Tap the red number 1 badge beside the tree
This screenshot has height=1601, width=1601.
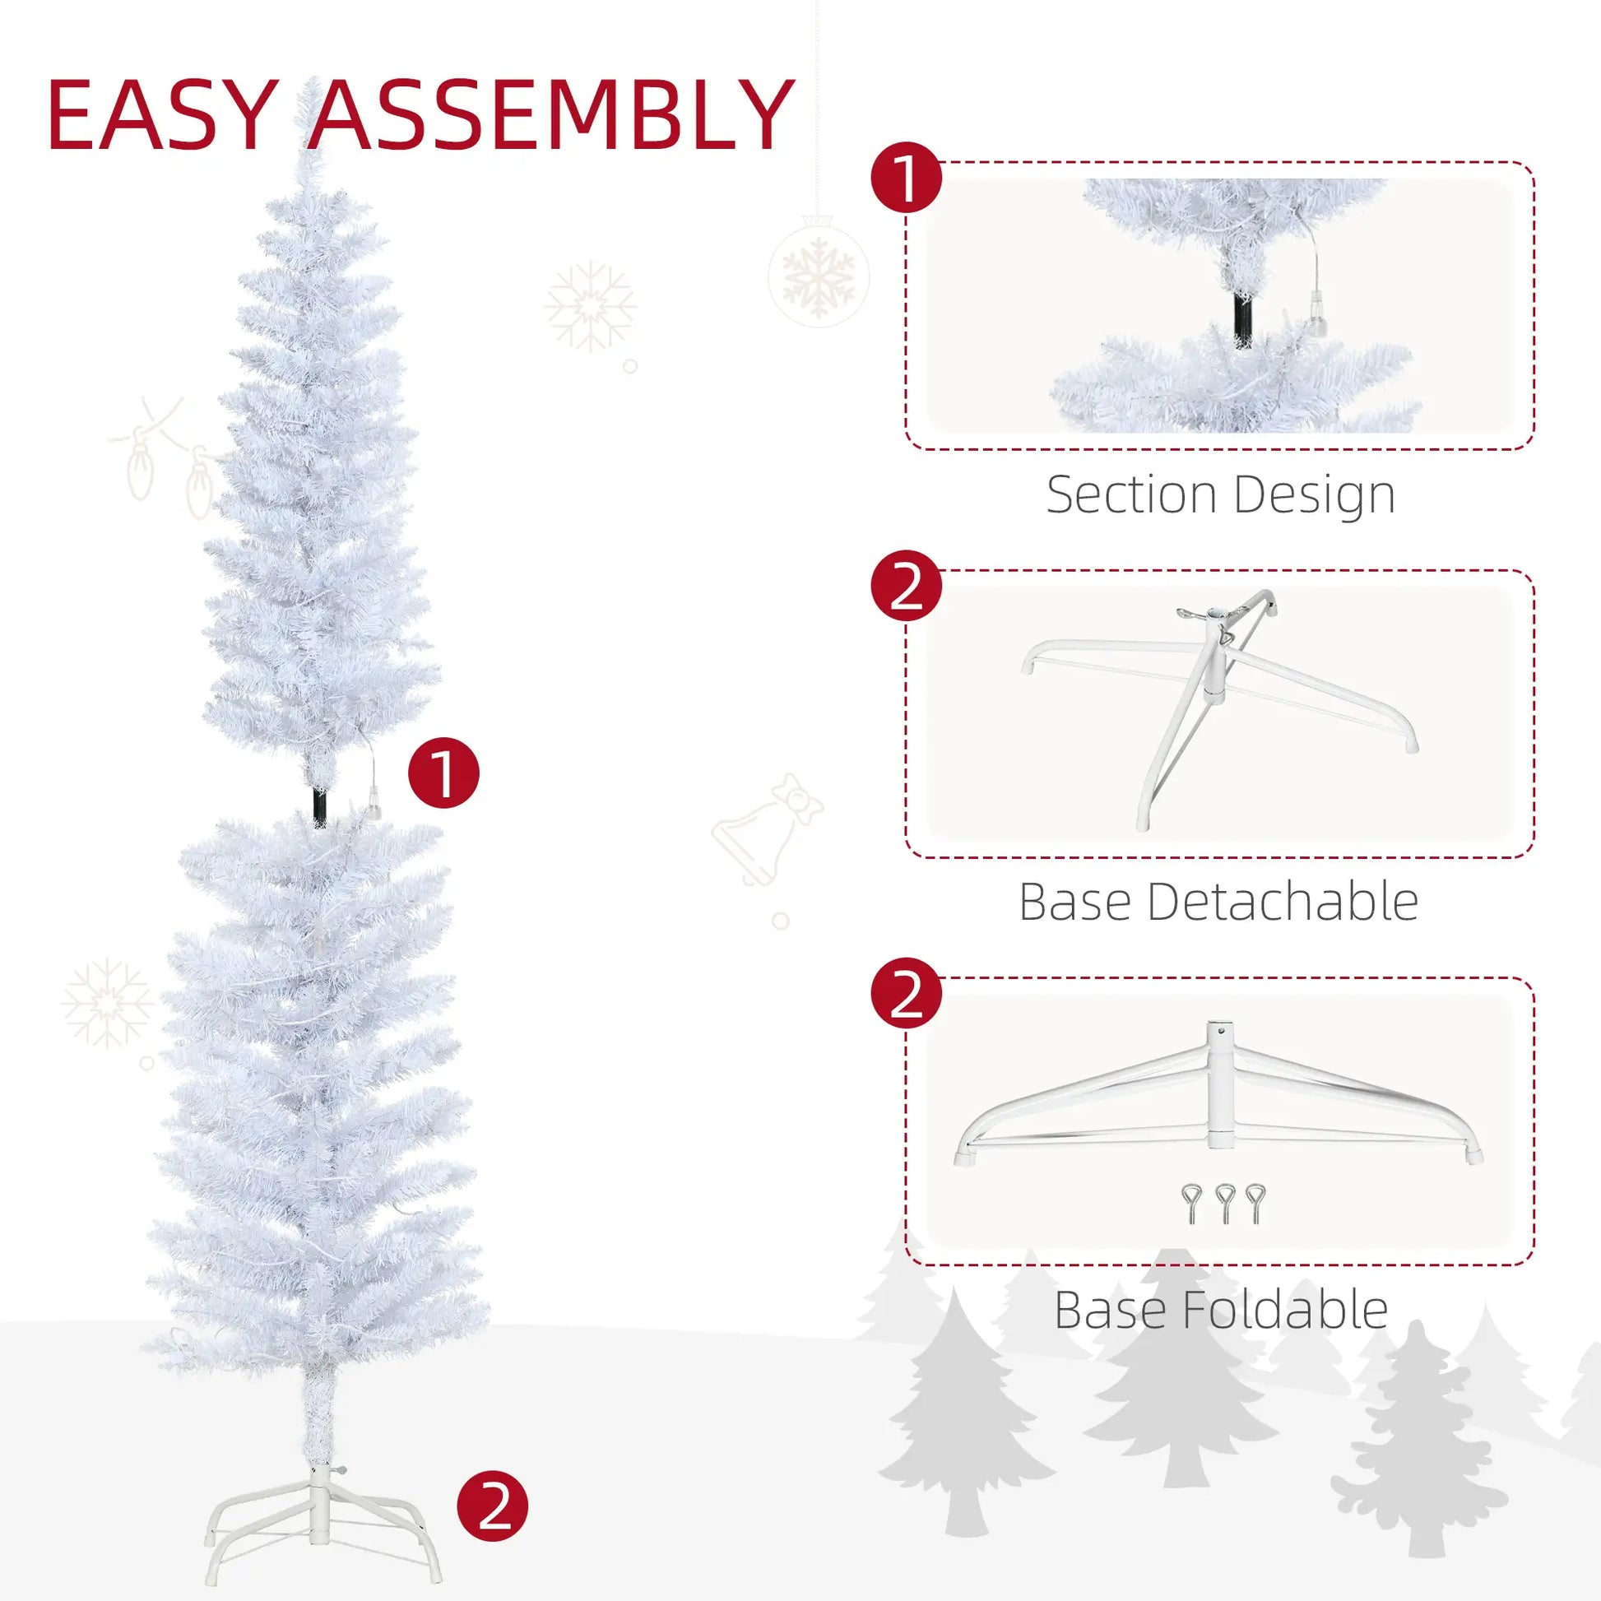[443, 773]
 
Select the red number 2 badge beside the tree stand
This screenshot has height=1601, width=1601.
[492, 1506]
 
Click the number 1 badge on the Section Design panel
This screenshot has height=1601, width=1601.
[907, 177]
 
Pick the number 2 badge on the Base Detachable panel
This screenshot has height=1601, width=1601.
[907, 585]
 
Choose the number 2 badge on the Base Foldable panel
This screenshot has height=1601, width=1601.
[907, 993]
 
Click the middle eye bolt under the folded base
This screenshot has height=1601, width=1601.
[1225, 1204]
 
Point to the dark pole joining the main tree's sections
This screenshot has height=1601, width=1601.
[320, 804]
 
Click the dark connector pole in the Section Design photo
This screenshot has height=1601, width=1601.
[1242, 321]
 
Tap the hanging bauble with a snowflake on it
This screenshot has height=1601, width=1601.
[818, 271]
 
